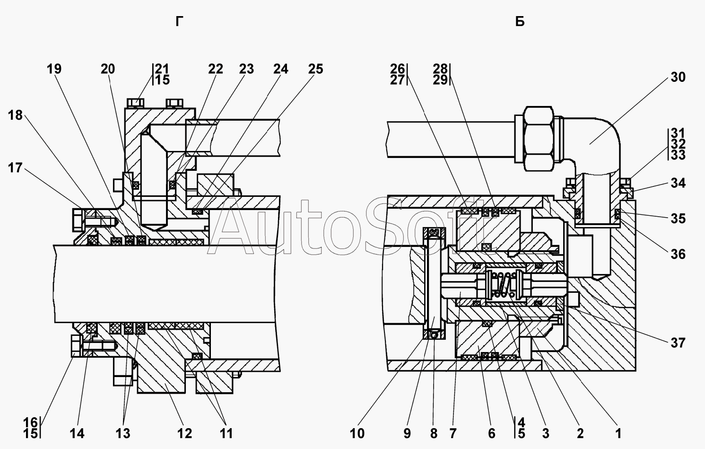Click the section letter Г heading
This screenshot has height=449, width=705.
click(179, 22)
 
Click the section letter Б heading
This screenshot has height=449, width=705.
click(520, 22)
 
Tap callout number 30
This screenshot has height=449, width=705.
click(678, 77)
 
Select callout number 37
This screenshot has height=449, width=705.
click(678, 343)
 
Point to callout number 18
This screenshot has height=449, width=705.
click(16, 115)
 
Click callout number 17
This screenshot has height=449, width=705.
click(16, 168)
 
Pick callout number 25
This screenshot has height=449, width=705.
click(316, 69)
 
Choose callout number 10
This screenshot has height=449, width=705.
click(357, 433)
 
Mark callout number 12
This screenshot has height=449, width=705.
click(185, 433)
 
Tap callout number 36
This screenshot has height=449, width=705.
click(678, 254)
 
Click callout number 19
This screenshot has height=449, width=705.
click(54, 69)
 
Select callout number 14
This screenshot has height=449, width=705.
click(77, 433)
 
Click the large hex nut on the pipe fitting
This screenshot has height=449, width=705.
click(539, 139)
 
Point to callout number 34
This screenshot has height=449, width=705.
click(678, 183)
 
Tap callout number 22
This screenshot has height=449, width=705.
click(216, 69)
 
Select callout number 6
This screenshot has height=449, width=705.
click(492, 433)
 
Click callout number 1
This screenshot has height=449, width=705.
click(618, 433)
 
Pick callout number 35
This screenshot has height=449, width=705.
click(678, 219)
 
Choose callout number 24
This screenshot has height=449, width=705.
click(281, 69)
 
